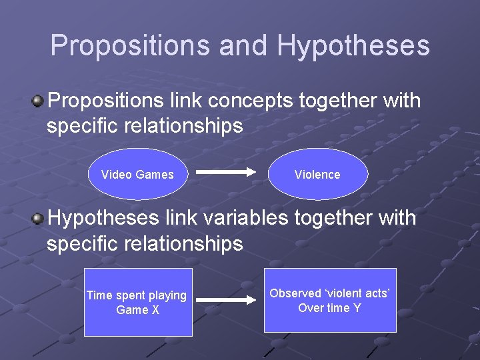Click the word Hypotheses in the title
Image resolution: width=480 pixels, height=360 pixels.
[x=353, y=46]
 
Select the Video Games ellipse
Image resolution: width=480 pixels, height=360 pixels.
[x=137, y=175]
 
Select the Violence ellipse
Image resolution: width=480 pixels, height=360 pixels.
[x=317, y=175]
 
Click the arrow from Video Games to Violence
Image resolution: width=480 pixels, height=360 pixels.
[x=227, y=172]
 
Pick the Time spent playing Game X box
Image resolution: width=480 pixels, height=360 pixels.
[x=138, y=302]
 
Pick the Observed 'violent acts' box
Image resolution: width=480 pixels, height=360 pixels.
[x=330, y=300]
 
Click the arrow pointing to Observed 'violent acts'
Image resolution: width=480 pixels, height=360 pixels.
[x=227, y=300]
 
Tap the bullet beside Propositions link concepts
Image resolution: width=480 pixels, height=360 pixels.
[x=38, y=101]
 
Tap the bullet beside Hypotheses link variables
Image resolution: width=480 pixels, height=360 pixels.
[x=38, y=218]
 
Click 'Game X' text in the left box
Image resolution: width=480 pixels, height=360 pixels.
[x=137, y=310]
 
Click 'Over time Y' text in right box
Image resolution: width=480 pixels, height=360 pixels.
[x=329, y=308]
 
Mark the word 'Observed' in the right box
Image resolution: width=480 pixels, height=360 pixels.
[x=295, y=293]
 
